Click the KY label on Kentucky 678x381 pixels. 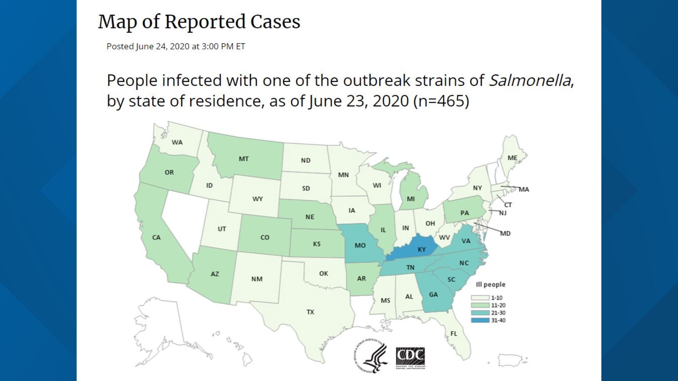(422, 249)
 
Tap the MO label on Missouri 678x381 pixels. (360, 245)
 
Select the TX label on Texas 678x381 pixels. (310, 312)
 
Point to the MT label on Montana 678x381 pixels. (243, 159)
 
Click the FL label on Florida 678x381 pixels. (453, 333)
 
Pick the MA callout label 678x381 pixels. (524, 189)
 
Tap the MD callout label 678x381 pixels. (505, 234)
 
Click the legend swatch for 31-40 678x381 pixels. (480, 320)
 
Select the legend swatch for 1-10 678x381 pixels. (480, 298)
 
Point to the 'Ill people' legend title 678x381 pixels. (490, 284)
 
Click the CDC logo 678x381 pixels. (410, 357)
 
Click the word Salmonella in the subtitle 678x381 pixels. (530, 80)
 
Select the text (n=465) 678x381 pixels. (441, 101)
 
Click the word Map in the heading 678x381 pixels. (117, 22)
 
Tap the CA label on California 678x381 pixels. (156, 237)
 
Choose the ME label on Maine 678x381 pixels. (512, 158)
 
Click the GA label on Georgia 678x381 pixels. (433, 294)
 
